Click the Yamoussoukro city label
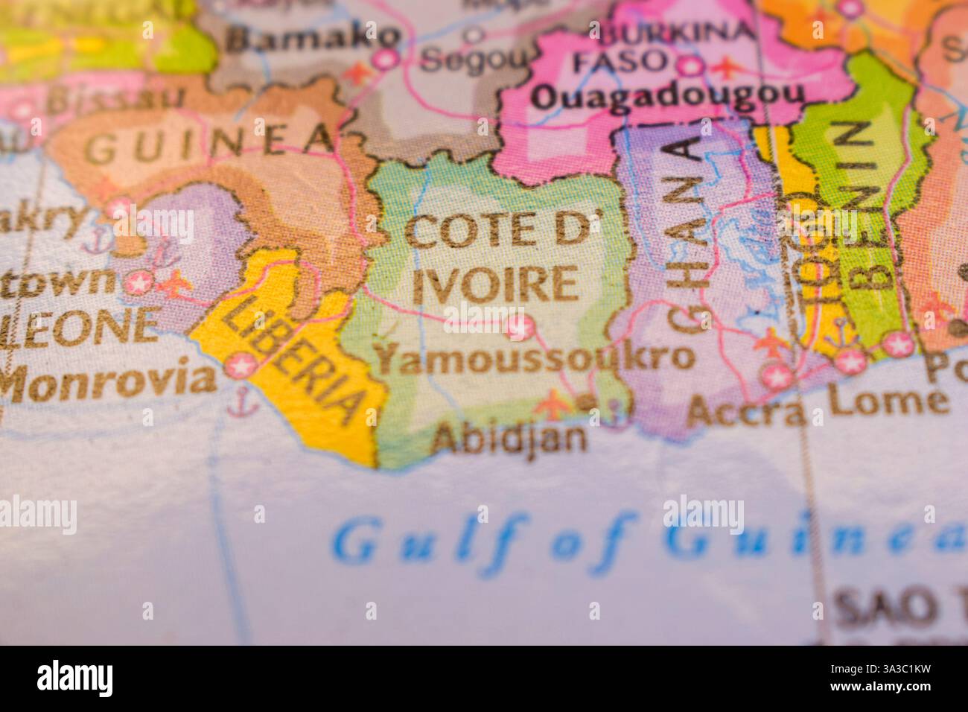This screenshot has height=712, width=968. [x=534, y=359]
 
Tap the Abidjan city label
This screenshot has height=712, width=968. [x=509, y=438]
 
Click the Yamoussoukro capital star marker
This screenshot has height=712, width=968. [x=519, y=325]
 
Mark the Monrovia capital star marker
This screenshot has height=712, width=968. [x=241, y=366]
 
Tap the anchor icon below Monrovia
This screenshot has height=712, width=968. [x=241, y=404]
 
